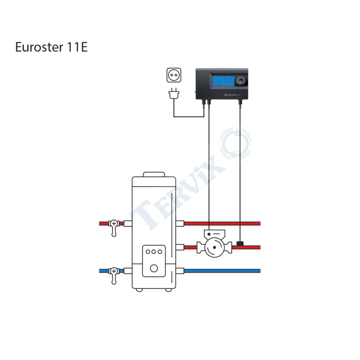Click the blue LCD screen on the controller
[x=222, y=82]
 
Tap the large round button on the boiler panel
[x=153, y=269]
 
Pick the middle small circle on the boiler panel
[x=153, y=252]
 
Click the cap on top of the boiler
[x=153, y=173]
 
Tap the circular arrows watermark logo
[x=235, y=143]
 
